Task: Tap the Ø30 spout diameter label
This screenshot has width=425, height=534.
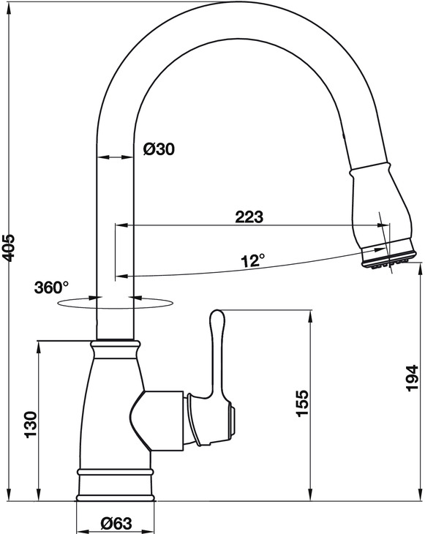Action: pyautogui.click(x=159, y=149)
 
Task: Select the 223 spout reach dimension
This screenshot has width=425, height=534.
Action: pyautogui.click(x=249, y=217)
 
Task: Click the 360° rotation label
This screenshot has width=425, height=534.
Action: pyautogui.click(x=50, y=287)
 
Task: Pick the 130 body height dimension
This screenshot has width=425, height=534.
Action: pyautogui.click(x=30, y=424)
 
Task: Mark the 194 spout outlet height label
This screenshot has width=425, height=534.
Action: pyautogui.click(x=412, y=377)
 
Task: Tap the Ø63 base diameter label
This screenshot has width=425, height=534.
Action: pyautogui.click(x=116, y=522)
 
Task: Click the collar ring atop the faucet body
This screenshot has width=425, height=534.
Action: pyautogui.click(x=115, y=343)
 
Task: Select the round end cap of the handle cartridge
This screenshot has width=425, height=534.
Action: pyautogui.click(x=235, y=421)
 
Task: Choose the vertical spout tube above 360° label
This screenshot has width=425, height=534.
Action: pyautogui.click(x=115, y=219)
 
